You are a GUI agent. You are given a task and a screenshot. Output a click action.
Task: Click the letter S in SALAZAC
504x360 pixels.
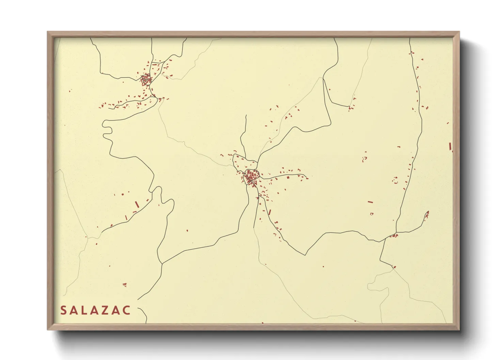pos(63,310)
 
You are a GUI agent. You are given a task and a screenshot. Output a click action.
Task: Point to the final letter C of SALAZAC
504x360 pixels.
pos(126,310)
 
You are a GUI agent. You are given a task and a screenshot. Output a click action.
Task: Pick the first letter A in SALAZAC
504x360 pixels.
pos(74,310)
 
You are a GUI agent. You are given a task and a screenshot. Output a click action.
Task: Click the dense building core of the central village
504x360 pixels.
pos(251,178)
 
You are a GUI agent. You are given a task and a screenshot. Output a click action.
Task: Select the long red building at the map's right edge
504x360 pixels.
pos(450,146)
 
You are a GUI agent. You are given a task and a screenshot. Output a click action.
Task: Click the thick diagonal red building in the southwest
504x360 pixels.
pos(137,204)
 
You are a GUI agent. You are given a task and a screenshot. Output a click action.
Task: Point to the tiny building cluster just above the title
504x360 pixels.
pos(125,284)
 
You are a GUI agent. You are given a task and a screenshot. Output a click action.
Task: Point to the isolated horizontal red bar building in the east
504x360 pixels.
pos(370,202)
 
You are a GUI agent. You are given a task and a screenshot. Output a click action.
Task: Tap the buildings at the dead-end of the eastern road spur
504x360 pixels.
pos(427,214)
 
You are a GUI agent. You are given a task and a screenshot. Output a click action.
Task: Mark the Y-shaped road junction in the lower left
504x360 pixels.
pos(162,263)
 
